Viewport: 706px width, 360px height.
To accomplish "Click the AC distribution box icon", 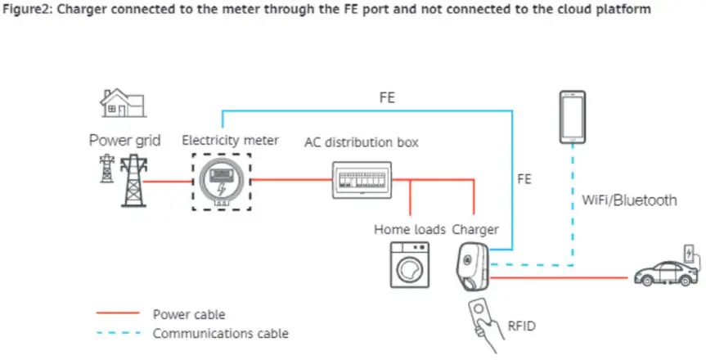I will pos(360,178).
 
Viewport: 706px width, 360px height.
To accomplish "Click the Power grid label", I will pos(125,141).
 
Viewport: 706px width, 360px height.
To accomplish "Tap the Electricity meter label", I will pos(230,141).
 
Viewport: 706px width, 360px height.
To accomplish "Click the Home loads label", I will pos(410,229).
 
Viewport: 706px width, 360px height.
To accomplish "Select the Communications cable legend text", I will pos(220,334).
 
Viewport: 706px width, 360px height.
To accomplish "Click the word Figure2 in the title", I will pos(34,11).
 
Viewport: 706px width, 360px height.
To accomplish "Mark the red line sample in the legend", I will pos(118,314).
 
